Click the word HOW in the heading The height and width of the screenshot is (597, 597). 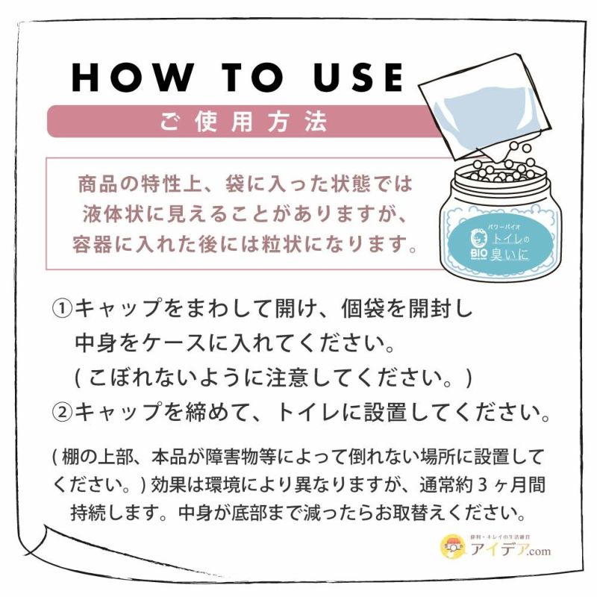pyautogui.click(x=132, y=78)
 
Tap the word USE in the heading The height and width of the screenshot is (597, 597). pyautogui.click(x=358, y=78)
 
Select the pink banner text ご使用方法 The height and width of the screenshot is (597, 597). pyautogui.click(x=243, y=122)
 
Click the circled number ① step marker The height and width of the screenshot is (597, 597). pyautogui.click(x=62, y=309)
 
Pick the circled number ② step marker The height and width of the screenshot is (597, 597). pyautogui.click(x=62, y=413)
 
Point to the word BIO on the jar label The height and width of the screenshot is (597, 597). pyautogui.click(x=478, y=253)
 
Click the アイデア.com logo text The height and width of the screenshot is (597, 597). pyautogui.click(x=510, y=550)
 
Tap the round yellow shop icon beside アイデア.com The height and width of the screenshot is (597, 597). pyautogui.click(x=454, y=547)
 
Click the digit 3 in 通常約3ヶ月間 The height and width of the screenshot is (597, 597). pyautogui.click(x=482, y=485)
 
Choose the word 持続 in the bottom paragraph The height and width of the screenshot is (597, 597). pyautogui.click(x=88, y=513)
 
